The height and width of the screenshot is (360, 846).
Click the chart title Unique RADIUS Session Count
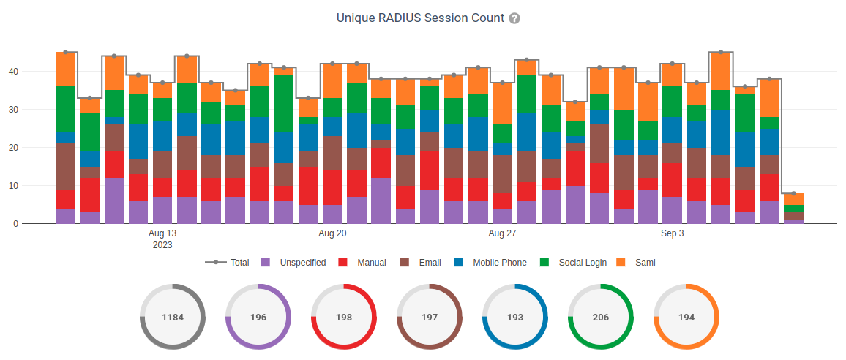420,18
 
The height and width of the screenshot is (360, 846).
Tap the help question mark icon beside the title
514,18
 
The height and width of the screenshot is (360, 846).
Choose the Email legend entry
422,262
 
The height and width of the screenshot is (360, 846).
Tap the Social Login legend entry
573,262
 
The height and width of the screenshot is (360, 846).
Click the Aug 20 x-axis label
332,233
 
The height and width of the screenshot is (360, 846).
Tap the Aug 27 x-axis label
502,233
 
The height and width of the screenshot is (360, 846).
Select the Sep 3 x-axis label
672,233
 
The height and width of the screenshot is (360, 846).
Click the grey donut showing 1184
173,317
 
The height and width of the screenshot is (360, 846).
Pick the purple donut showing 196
258,317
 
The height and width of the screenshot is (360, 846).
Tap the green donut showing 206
601,317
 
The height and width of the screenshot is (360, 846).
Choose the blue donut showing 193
515,317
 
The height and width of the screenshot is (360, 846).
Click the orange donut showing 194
686,317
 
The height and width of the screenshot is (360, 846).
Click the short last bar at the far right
793,209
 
